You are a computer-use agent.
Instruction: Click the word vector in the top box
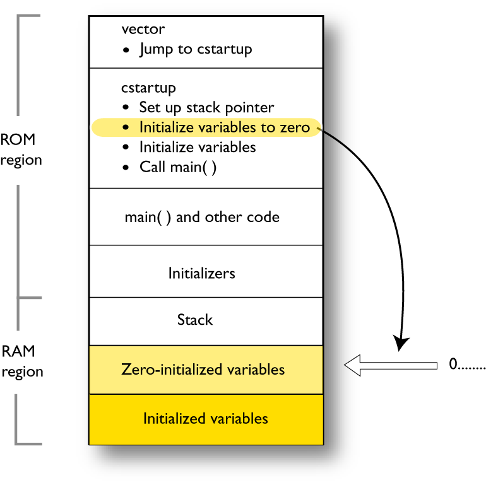pyautogui.click(x=143, y=30)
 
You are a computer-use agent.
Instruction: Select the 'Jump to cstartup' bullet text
pyautogui.click(x=196, y=49)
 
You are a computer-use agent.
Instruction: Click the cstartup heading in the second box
pyautogui.click(x=148, y=88)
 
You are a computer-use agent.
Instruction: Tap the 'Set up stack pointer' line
pyautogui.click(x=206, y=107)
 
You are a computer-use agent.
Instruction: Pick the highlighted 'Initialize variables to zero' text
pyautogui.click(x=224, y=127)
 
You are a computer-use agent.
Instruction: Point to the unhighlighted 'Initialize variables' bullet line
pyautogui.click(x=198, y=147)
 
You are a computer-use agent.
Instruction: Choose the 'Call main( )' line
pyautogui.click(x=178, y=167)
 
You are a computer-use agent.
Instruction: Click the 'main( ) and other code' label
pyautogui.click(x=202, y=217)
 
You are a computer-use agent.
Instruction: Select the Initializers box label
pyautogui.click(x=201, y=273)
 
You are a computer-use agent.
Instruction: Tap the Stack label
pyautogui.click(x=195, y=320)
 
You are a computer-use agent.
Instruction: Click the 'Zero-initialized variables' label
pyautogui.click(x=203, y=369)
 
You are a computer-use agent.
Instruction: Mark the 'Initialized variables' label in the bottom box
pyautogui.click(x=205, y=418)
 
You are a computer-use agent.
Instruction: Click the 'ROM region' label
pyautogui.click(x=21, y=149)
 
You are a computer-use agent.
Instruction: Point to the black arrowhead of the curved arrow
pyautogui.click(x=400, y=344)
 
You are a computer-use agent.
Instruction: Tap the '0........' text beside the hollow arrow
pyautogui.click(x=466, y=365)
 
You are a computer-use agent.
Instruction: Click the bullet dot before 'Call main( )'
pyautogui.click(x=127, y=168)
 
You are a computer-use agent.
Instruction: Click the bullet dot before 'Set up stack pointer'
pyautogui.click(x=127, y=108)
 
